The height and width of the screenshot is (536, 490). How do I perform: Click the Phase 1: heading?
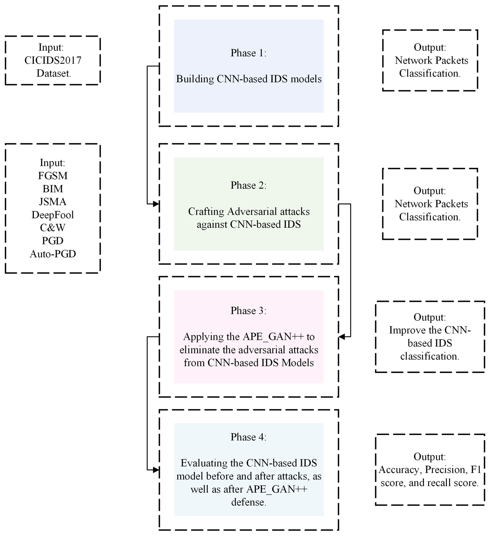click(248, 53)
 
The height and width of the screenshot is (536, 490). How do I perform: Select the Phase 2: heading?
click(248, 185)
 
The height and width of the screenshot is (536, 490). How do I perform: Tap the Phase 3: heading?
click(248, 311)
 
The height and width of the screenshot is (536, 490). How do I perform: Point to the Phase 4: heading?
click(248, 437)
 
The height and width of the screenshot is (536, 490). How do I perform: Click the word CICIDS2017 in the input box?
click(53, 60)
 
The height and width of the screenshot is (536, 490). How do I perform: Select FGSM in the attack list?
click(53, 176)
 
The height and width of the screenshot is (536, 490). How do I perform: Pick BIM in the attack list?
click(53, 189)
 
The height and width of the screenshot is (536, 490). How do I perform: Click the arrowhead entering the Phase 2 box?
click(156, 204)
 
